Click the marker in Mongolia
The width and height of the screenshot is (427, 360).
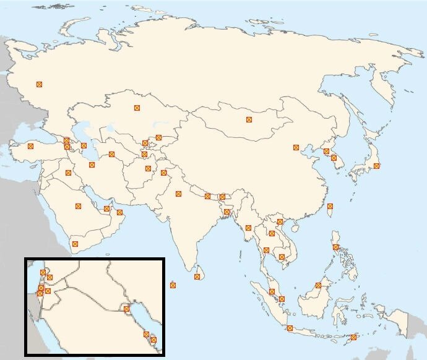coord(249,119)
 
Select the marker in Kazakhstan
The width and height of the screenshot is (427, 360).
coord(137,108)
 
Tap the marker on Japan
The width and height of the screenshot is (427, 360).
coord(376,166)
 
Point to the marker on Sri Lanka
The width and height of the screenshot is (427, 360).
coord(197,276)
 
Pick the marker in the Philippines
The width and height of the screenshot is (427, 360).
coord(335,247)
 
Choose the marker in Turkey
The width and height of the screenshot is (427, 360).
coord(30,147)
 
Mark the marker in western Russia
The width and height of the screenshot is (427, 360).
coord(39,84)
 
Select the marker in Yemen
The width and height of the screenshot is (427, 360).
coord(75,244)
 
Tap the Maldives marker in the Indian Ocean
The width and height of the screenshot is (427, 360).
coord(173,285)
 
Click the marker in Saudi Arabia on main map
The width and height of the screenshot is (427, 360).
coord(78,206)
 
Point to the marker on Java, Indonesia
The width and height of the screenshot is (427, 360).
coord(290,328)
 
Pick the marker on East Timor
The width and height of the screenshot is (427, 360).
coord(353,337)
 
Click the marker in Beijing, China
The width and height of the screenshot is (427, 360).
coord(296,147)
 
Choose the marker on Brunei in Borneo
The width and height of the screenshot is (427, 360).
coord(317,285)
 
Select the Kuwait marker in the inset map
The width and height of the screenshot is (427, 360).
coord(126,309)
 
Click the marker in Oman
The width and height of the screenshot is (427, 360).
coord(119,213)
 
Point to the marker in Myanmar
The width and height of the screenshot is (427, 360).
coord(248,228)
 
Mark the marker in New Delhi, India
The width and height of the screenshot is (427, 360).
coord(178,194)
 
